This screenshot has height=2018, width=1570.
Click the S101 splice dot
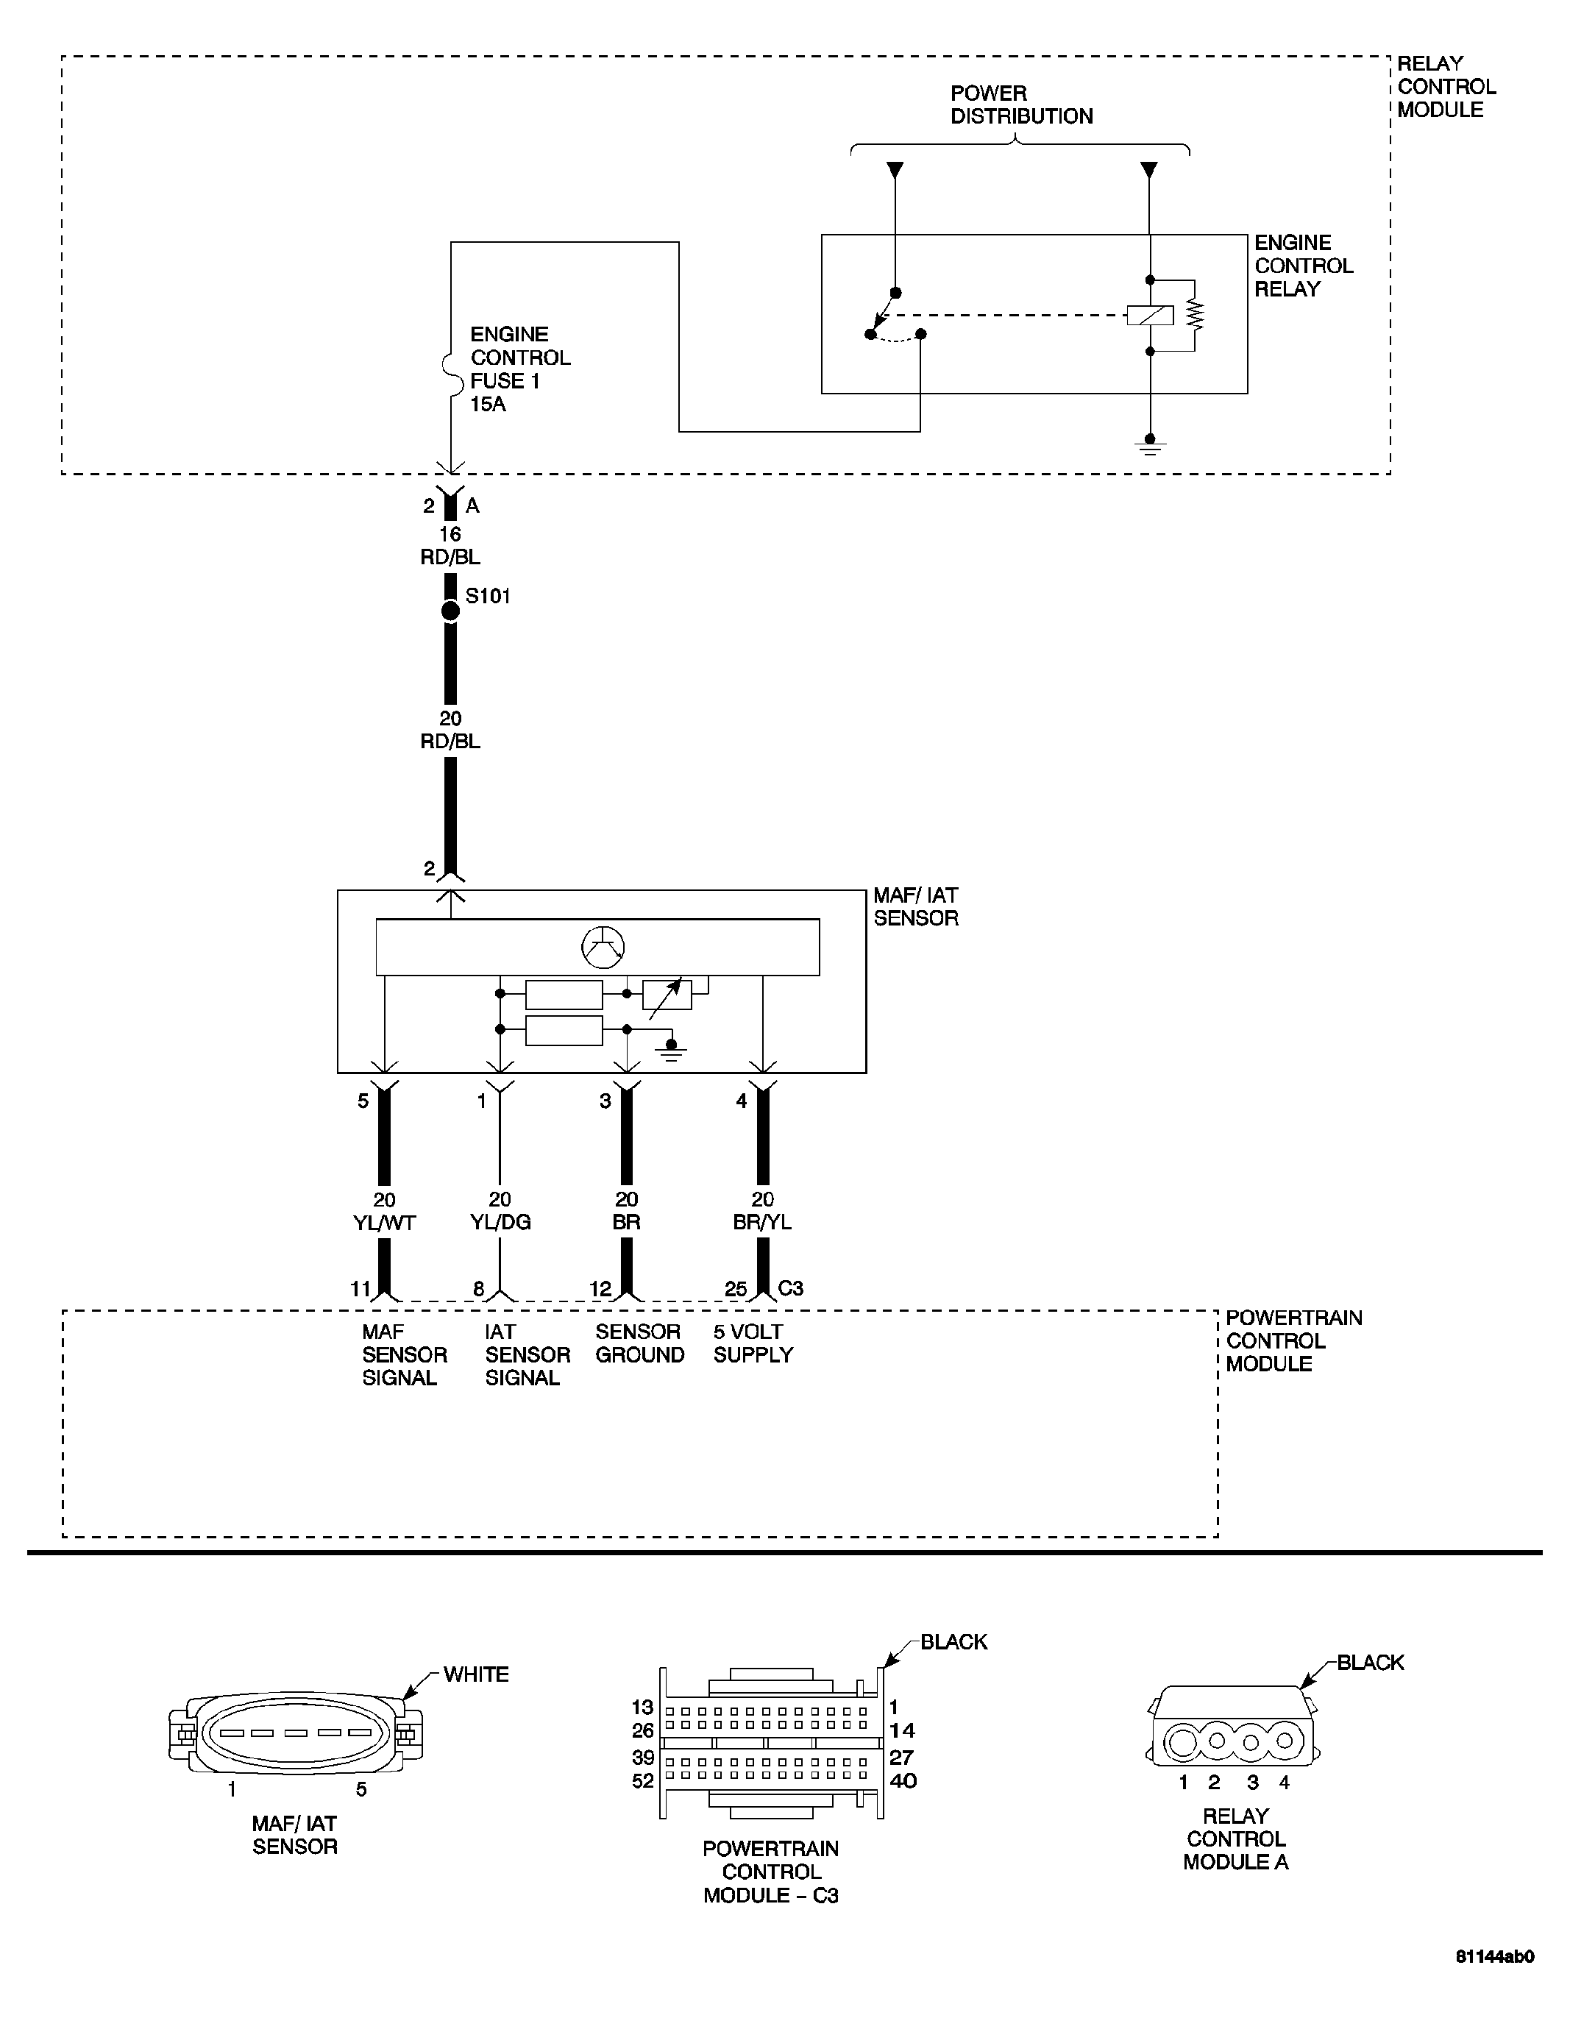click(x=450, y=611)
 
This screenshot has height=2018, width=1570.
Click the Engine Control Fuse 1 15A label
click(x=519, y=369)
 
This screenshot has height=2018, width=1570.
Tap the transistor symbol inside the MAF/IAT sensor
click(x=603, y=946)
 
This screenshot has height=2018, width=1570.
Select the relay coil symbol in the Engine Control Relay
click(x=1150, y=315)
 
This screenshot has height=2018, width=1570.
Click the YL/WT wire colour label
click(x=385, y=1223)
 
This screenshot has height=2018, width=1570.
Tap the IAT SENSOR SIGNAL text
click(x=527, y=1354)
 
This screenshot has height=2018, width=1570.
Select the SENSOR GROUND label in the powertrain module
click(x=639, y=1343)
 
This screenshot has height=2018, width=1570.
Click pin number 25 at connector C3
click(x=736, y=1288)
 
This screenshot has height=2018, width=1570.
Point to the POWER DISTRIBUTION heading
click(x=1021, y=104)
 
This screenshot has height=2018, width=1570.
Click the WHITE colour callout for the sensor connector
click(x=476, y=1674)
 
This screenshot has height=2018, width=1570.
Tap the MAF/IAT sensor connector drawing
click(x=296, y=1733)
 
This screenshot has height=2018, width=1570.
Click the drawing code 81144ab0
click(x=1494, y=1982)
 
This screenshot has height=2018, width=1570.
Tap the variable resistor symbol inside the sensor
click(x=667, y=994)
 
